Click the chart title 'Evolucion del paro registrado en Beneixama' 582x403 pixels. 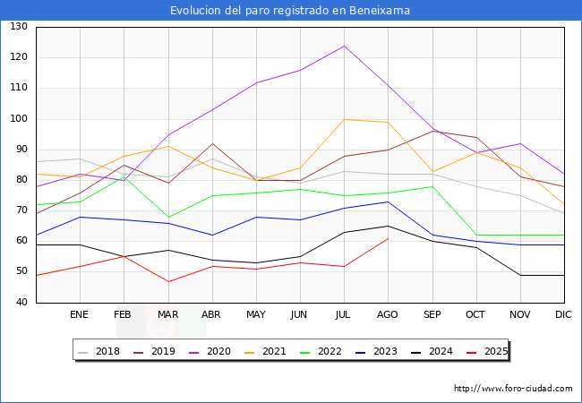coord(291,10)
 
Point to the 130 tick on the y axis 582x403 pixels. coord(19,27)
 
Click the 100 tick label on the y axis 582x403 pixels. coord(19,119)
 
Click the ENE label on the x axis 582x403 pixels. coord(80,315)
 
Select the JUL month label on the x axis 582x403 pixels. coord(344,315)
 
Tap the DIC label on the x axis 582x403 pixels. coord(563,315)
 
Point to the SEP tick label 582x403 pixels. coord(432,315)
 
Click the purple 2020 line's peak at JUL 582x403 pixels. coord(344,46)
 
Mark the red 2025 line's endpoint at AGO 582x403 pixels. coord(388,238)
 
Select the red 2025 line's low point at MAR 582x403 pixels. coord(167,281)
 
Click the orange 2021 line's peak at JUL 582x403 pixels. coord(344,119)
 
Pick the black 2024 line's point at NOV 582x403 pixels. coord(519,275)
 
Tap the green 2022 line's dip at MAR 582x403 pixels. coord(167,217)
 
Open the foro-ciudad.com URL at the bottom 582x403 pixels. coord(513,389)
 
